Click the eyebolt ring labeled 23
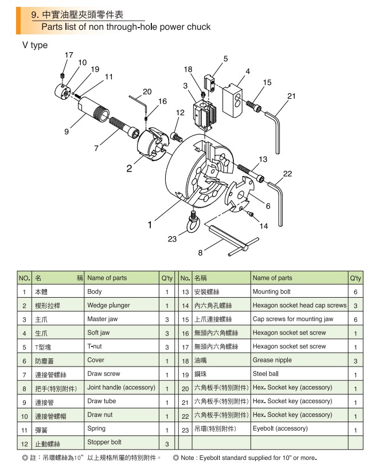[193, 224]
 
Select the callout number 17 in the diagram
[69, 55]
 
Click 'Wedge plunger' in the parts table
[108, 305]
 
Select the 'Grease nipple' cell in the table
[272, 360]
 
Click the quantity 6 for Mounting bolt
[355, 291]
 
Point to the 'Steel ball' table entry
[266, 374]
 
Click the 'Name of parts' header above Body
[107, 278]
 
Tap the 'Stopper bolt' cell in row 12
[104, 442]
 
